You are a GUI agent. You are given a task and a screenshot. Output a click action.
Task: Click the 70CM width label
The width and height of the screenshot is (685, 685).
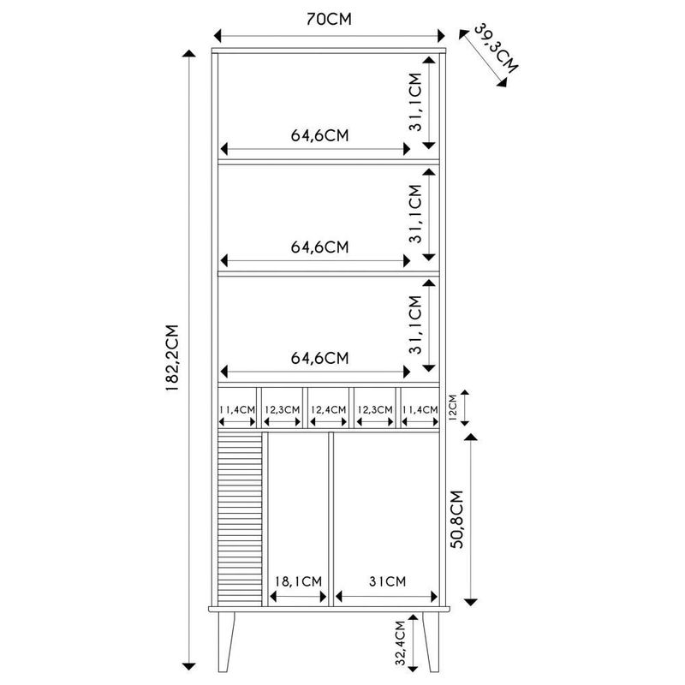point(329,19)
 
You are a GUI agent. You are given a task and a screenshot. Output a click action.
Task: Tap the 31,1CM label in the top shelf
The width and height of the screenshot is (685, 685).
point(415,101)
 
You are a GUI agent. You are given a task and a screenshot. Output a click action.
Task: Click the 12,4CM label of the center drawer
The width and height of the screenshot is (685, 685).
point(329,410)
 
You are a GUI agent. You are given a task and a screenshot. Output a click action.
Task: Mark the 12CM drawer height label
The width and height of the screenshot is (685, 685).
point(455,406)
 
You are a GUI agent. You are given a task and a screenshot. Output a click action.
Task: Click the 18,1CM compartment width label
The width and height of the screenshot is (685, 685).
point(298,581)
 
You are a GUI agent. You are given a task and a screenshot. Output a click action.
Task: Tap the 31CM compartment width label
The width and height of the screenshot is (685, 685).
point(386,581)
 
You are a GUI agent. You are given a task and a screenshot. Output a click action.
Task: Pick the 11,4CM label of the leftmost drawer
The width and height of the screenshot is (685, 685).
point(237,410)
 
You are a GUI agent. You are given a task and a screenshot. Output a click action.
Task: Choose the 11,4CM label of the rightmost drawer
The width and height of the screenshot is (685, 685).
point(420,410)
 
